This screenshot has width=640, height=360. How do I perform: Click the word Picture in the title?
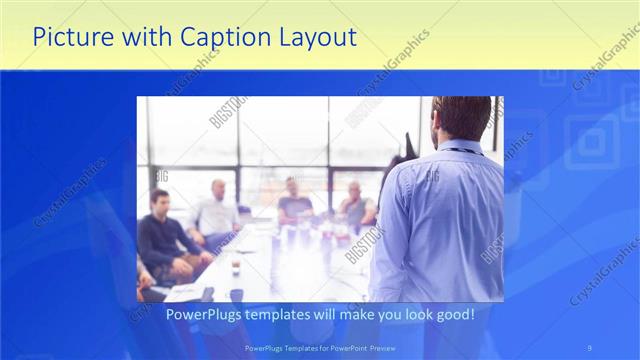pos(71,38)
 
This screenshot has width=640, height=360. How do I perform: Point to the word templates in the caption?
pos(292,314)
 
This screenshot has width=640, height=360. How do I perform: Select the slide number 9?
pos(590,348)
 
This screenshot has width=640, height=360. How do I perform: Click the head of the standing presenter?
pos(462,118)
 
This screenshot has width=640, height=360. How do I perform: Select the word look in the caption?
pos(412,314)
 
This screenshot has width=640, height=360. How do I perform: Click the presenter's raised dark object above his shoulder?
pos(407,145)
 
